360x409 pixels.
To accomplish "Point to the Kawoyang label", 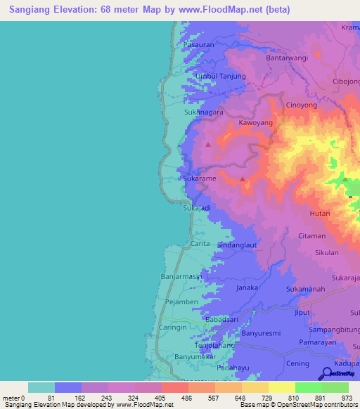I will point(255,122).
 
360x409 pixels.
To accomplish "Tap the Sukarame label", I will point(200,178).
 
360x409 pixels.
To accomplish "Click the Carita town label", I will point(200,243).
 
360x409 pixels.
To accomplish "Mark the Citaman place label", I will point(312,235).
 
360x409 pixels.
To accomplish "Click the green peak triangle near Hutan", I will point(345,181).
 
